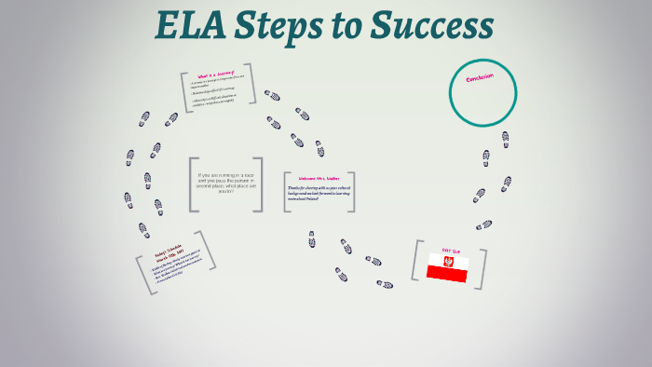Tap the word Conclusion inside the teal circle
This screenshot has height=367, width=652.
tap(480, 79)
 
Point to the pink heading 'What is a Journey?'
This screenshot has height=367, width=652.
tap(217, 75)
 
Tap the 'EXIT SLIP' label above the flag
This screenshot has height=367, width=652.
tap(451, 250)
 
